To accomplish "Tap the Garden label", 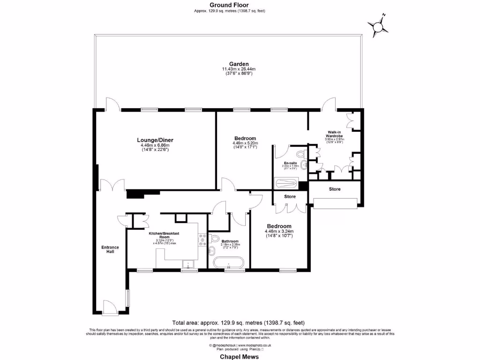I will pyautogui.click(x=239, y=64).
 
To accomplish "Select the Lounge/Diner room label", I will pyautogui.click(x=151, y=140).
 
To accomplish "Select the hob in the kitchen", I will pyautogui.click(x=203, y=239).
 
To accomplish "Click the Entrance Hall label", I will pyautogui.click(x=110, y=249).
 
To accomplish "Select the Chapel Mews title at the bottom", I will pyautogui.click(x=240, y=356).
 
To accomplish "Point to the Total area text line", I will pyautogui.click(x=239, y=322).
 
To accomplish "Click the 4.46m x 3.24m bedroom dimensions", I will pyautogui.click(x=279, y=231).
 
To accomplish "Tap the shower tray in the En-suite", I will pyautogui.click(x=287, y=183).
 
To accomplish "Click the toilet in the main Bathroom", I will pyautogui.click(x=214, y=238).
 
